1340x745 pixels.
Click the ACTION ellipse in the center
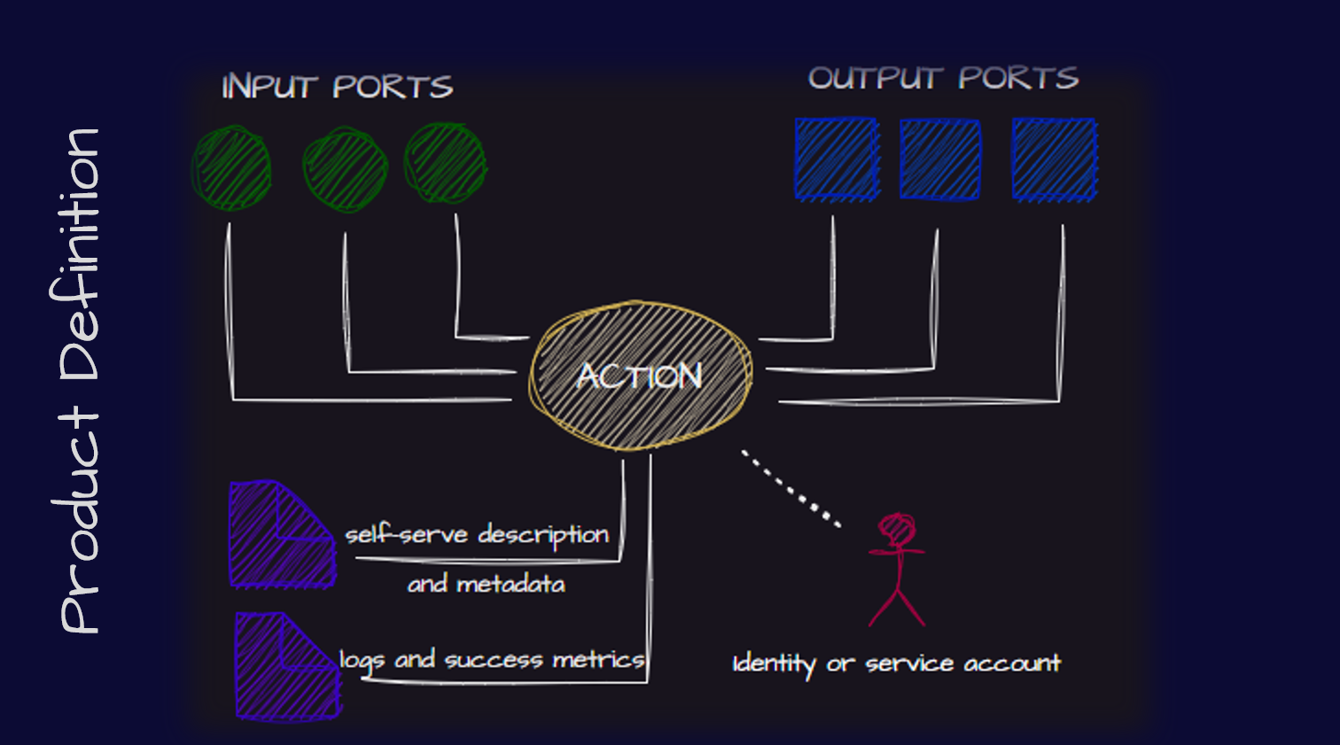(x=640, y=376)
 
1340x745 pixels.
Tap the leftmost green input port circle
(x=231, y=168)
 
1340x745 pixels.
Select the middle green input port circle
(x=345, y=169)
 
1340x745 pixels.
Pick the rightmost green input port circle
(x=445, y=163)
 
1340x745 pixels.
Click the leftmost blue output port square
(x=837, y=159)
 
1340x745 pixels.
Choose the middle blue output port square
(x=940, y=159)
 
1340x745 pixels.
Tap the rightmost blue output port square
(x=1055, y=159)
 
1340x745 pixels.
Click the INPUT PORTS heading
(x=337, y=87)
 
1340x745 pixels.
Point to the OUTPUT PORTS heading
(x=943, y=79)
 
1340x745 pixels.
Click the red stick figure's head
(x=897, y=529)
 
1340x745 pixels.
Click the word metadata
(x=510, y=585)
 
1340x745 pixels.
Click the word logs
(x=362, y=660)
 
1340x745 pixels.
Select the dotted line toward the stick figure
(x=791, y=489)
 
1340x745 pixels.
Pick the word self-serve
(x=406, y=535)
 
